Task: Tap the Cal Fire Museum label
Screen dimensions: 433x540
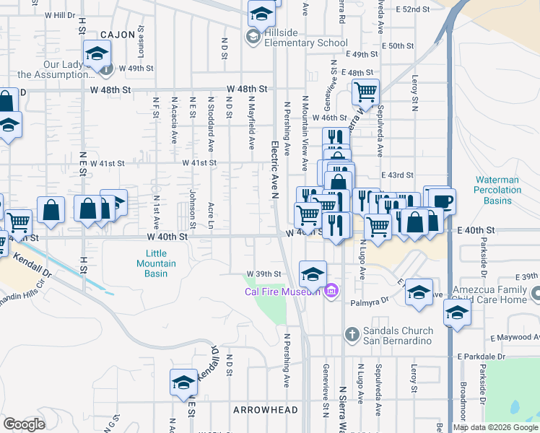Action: tap(282, 292)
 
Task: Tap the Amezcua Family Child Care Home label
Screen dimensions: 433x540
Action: tap(496, 294)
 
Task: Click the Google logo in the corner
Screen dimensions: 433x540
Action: tap(24, 424)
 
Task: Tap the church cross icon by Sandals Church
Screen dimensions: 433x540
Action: tap(351, 334)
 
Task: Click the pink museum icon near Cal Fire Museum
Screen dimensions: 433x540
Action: tap(331, 292)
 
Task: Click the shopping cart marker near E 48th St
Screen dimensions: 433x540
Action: tap(366, 92)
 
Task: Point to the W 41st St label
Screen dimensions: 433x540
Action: tap(199, 163)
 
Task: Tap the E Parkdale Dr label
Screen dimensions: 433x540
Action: tap(482, 357)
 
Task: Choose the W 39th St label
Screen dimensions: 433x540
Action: tap(263, 274)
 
